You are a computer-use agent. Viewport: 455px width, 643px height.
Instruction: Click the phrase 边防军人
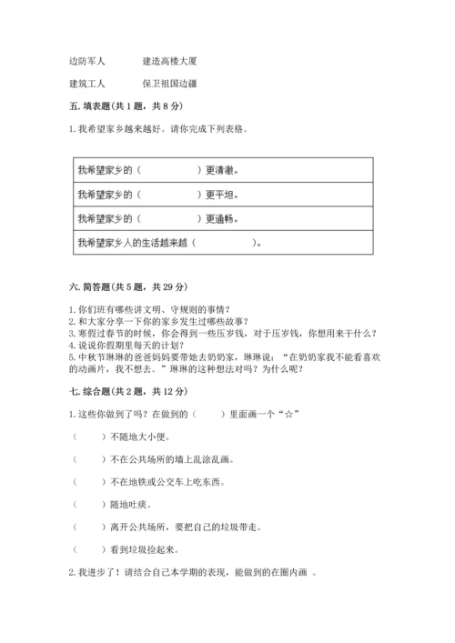[87, 61]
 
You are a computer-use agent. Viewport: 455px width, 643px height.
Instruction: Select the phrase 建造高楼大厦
[170, 61]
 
